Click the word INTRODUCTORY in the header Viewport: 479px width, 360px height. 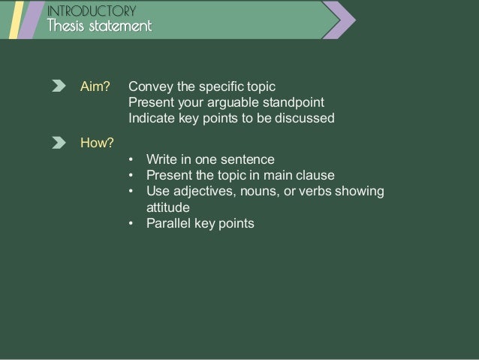point(91,11)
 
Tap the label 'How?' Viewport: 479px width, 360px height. point(97,142)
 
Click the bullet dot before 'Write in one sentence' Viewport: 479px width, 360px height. point(131,160)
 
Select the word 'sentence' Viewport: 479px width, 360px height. point(251,159)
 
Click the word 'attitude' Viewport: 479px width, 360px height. point(168,207)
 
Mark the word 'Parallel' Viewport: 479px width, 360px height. point(168,223)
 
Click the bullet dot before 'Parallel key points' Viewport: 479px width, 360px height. point(131,224)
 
